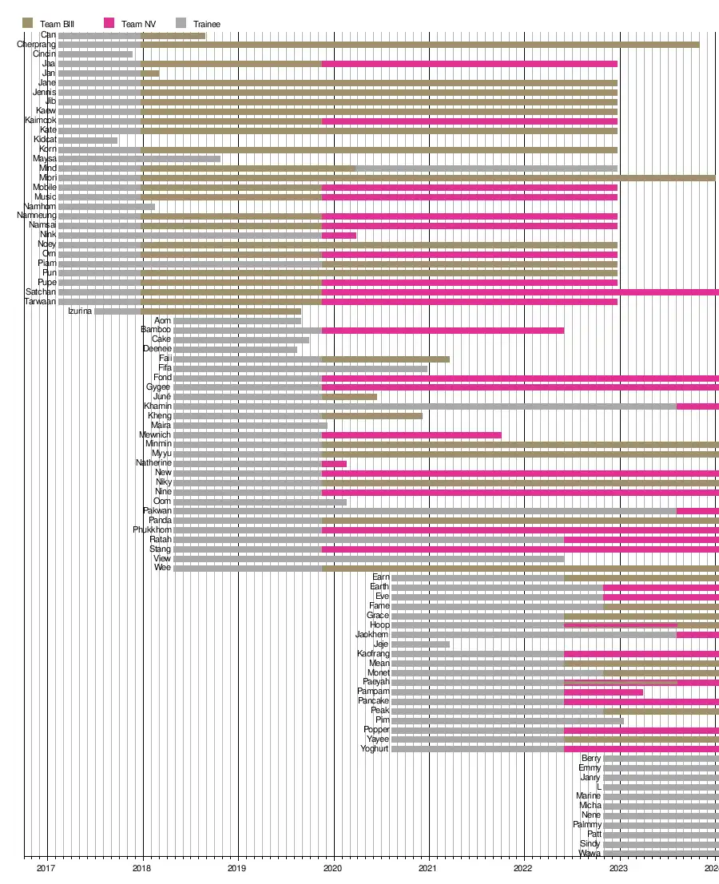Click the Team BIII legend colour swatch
(x=28, y=24)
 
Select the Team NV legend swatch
(x=109, y=24)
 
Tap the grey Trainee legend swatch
(x=181, y=24)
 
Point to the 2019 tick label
(x=237, y=868)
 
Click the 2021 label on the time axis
(x=428, y=868)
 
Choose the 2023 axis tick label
(x=618, y=868)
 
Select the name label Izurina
(x=80, y=311)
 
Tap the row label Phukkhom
(x=152, y=530)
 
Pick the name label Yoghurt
(x=375, y=749)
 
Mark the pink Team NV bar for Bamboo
(x=443, y=330)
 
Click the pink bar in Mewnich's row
(x=411, y=435)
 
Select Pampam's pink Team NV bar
(x=603, y=692)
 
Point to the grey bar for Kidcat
(x=88, y=141)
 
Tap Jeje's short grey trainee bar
(x=420, y=644)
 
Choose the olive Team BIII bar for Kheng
(x=371, y=416)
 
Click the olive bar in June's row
(x=349, y=397)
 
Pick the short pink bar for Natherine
(x=334, y=464)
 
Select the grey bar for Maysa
(x=139, y=159)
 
